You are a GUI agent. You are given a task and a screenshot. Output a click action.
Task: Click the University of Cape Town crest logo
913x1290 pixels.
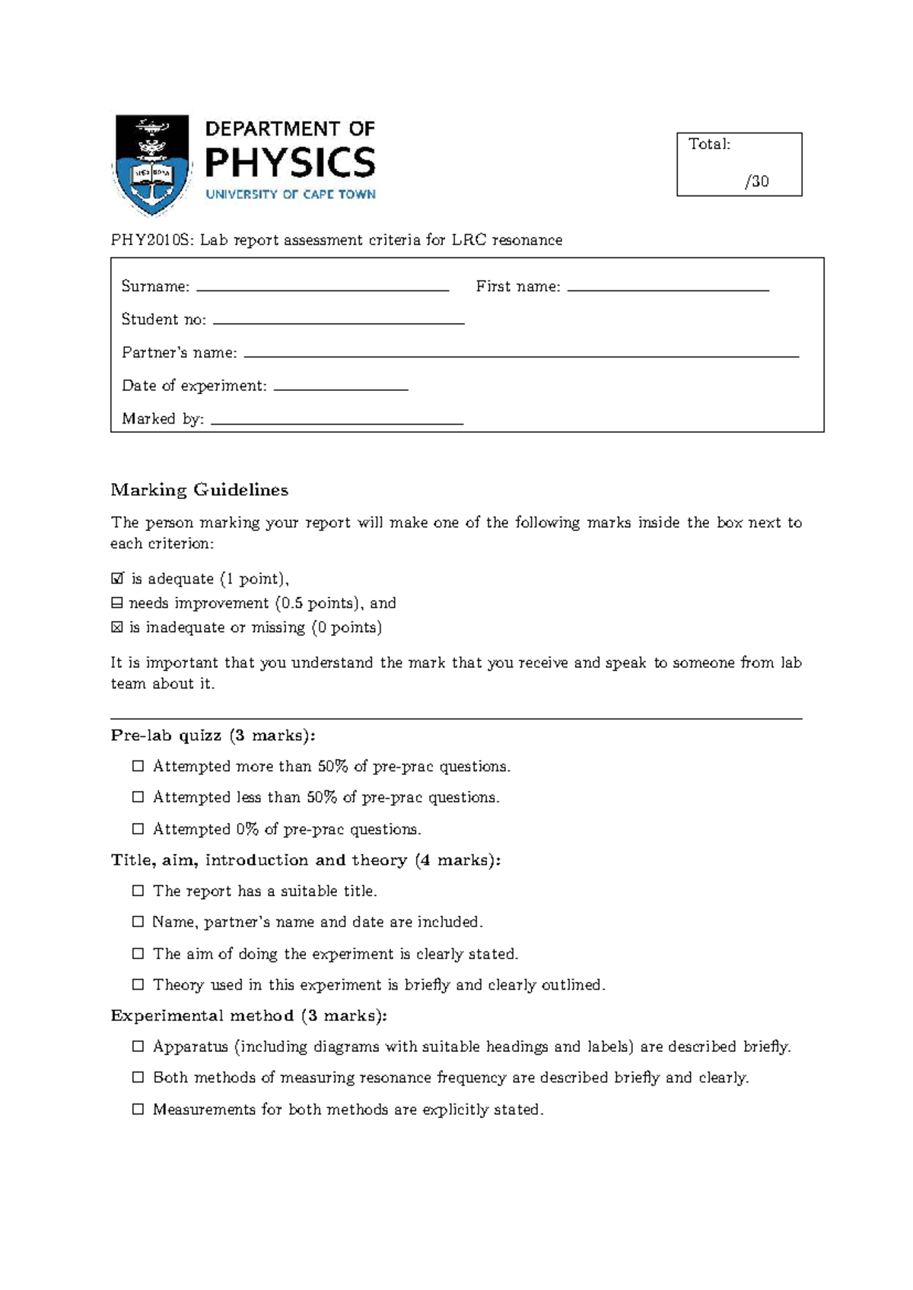pyautogui.click(x=151, y=164)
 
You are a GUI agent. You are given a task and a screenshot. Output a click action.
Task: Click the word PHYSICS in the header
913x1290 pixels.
pyautogui.click(x=291, y=163)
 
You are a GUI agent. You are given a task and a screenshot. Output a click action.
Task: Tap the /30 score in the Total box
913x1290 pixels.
pyautogui.click(x=757, y=181)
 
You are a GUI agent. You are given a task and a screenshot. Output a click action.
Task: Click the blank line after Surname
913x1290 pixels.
pyautogui.click(x=323, y=289)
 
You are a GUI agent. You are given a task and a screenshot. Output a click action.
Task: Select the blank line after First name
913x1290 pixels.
pyautogui.click(x=668, y=289)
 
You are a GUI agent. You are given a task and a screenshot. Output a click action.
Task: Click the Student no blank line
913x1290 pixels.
pyautogui.click(x=339, y=322)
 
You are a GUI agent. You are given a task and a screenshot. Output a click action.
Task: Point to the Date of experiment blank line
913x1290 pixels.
pyautogui.click(x=340, y=389)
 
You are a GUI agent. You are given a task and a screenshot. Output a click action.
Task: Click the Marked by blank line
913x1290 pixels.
pyautogui.click(x=336, y=422)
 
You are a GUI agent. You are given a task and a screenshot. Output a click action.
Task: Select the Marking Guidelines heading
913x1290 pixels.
pyautogui.click(x=199, y=490)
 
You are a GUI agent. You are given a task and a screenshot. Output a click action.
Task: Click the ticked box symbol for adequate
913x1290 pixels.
pyautogui.click(x=117, y=579)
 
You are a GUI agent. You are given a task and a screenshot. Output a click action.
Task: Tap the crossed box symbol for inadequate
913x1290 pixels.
pyautogui.click(x=116, y=628)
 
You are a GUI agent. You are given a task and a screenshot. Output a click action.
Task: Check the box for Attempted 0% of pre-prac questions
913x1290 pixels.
pyautogui.click(x=138, y=829)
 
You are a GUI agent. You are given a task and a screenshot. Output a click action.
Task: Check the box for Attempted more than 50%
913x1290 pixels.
pyautogui.click(x=138, y=766)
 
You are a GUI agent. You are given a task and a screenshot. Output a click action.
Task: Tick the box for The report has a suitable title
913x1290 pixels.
pyautogui.click(x=138, y=891)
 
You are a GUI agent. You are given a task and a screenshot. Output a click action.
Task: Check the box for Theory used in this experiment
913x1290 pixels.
pyautogui.click(x=138, y=984)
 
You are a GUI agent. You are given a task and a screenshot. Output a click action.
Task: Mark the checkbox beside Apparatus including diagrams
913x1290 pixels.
pyautogui.click(x=138, y=1047)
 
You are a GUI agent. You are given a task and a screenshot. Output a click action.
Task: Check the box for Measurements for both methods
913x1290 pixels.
pyautogui.click(x=138, y=1109)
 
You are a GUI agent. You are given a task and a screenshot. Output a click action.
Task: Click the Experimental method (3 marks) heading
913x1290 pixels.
pyautogui.click(x=249, y=1016)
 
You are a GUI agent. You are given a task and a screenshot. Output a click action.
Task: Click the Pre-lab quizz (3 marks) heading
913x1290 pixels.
pyautogui.click(x=212, y=736)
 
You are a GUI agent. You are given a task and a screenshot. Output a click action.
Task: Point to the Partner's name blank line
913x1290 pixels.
pyautogui.click(x=520, y=355)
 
